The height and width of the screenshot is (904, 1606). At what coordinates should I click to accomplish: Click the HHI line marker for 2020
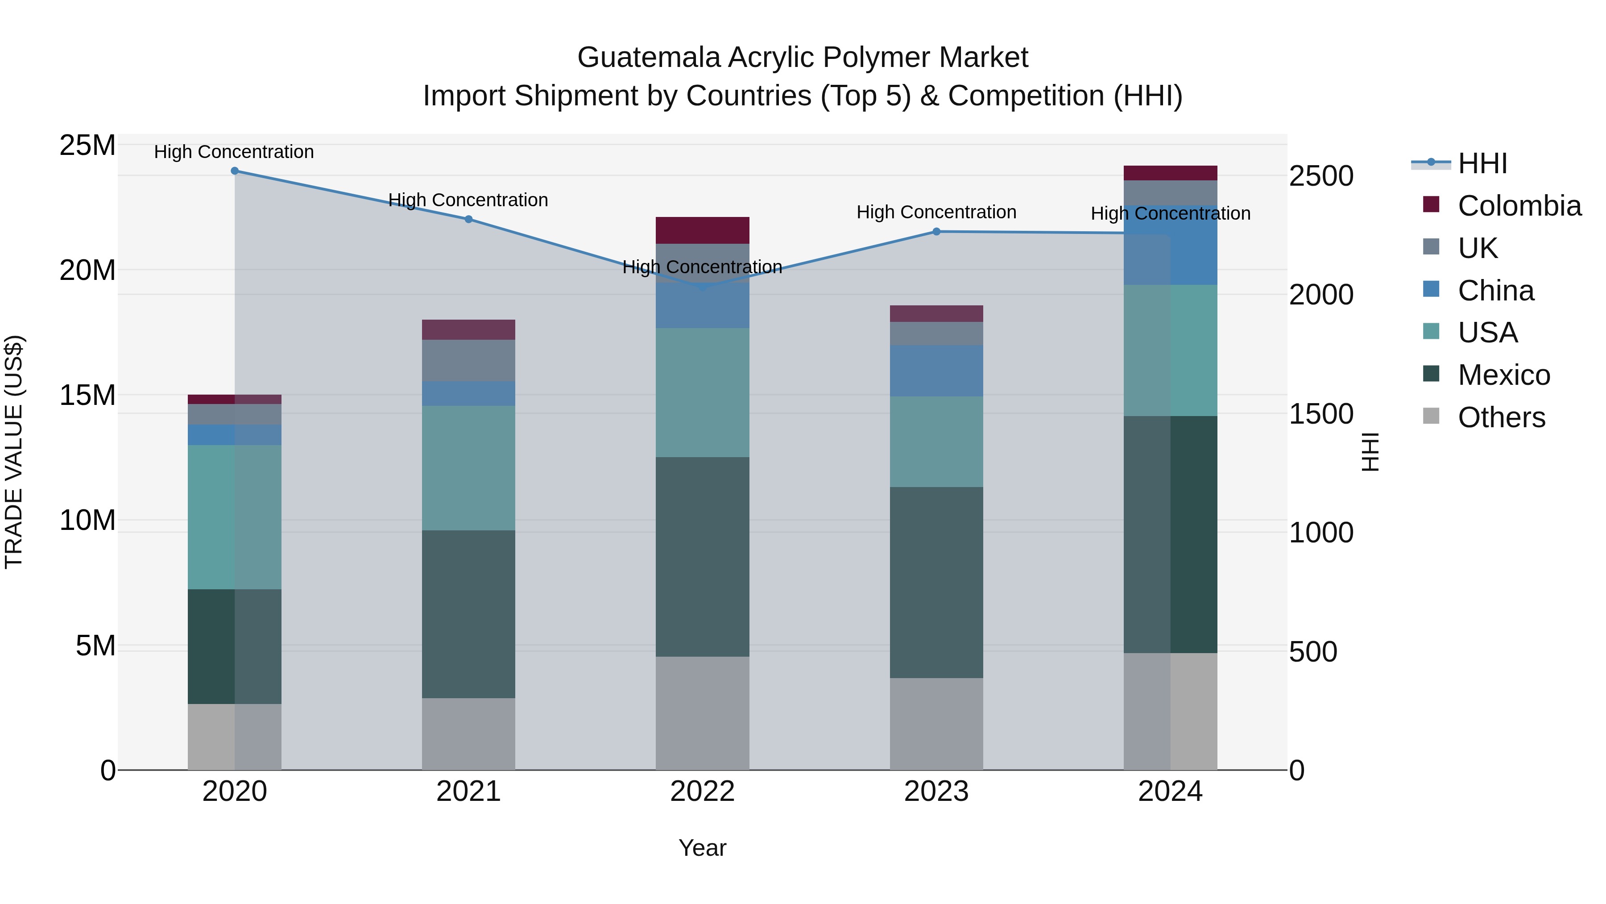(x=234, y=171)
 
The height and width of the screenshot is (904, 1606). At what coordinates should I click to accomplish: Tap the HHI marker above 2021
(x=468, y=219)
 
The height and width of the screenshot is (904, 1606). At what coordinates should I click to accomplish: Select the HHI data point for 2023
(x=936, y=231)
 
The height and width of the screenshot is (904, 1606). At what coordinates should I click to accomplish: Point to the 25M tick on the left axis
(x=87, y=146)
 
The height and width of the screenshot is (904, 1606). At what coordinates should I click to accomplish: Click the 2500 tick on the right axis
(x=1321, y=176)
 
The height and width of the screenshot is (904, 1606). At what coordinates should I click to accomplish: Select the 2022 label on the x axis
(x=702, y=792)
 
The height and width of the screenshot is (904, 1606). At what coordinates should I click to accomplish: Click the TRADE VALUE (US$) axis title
(x=14, y=452)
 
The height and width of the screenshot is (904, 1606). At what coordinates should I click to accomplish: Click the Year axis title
(x=702, y=848)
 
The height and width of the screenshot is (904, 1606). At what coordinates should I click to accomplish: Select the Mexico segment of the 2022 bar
(x=702, y=557)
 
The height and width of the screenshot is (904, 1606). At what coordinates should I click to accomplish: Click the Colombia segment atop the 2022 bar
(x=702, y=230)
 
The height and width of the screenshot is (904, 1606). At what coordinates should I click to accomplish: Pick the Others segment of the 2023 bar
(x=936, y=724)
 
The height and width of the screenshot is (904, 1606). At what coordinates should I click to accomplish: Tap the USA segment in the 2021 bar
(x=468, y=468)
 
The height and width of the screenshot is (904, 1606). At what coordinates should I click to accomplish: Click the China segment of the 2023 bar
(x=936, y=371)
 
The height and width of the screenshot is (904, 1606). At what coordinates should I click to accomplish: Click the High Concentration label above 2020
(x=234, y=152)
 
